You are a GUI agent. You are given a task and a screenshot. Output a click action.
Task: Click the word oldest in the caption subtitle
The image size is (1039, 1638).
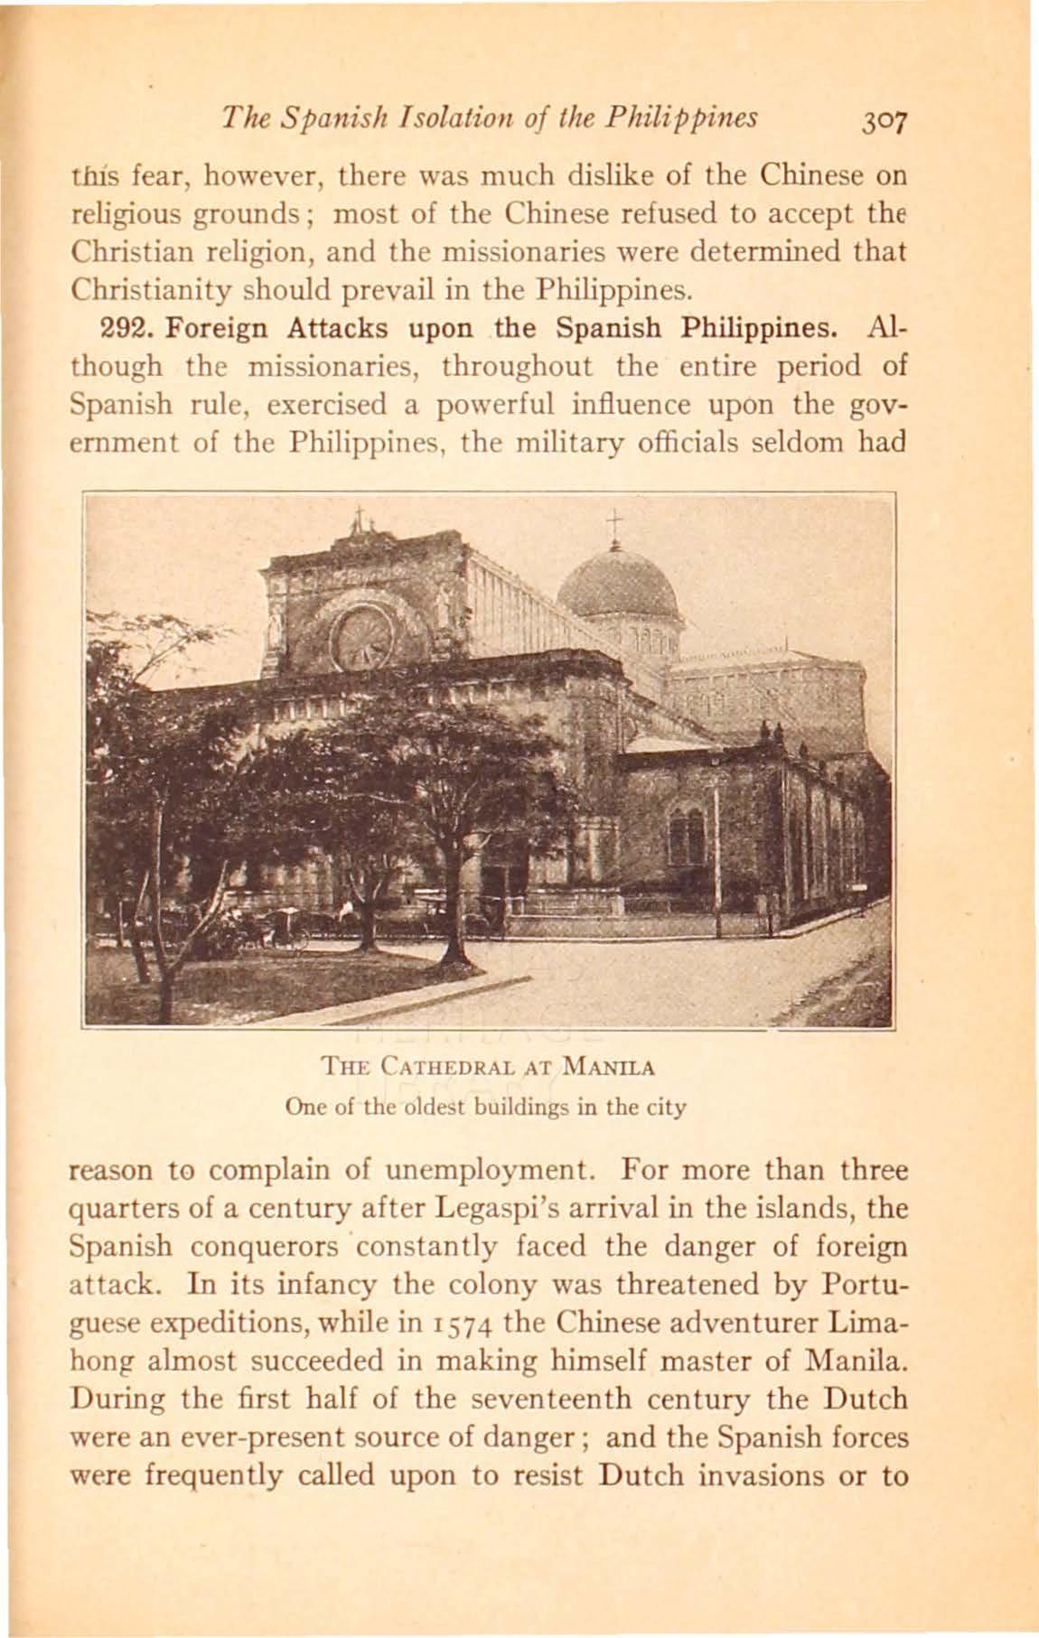(x=425, y=1106)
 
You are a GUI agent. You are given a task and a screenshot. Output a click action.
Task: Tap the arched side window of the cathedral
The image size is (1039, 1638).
(x=686, y=835)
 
